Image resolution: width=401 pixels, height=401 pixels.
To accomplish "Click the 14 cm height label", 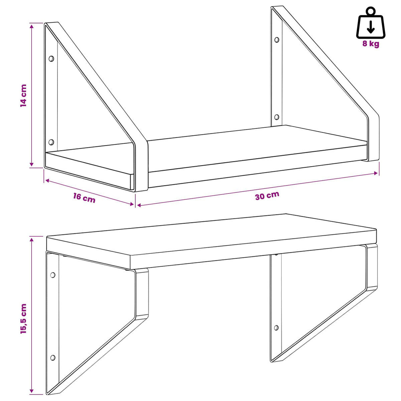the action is click(x=23, y=96).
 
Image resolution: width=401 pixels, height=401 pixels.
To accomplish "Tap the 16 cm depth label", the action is click(x=84, y=198).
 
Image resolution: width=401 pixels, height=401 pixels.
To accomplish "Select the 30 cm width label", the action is click(x=267, y=195).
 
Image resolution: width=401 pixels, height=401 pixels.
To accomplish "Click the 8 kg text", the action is click(x=371, y=44).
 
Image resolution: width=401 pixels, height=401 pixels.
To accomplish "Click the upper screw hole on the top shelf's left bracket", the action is click(x=51, y=59).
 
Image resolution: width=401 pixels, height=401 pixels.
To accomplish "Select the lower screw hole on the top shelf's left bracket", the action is click(x=51, y=142).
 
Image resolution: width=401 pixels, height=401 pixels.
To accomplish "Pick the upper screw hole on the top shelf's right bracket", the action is click(x=277, y=39).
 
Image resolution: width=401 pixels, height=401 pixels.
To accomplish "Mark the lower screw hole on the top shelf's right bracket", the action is click(x=277, y=117).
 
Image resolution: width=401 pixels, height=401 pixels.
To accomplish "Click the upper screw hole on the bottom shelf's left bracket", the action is click(x=53, y=275).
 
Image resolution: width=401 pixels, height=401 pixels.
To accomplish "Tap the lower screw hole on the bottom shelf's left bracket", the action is click(x=53, y=358).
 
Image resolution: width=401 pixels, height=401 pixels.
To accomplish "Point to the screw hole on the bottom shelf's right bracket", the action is click(x=276, y=328).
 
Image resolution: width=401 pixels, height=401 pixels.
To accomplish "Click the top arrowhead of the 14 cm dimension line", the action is click(x=32, y=26).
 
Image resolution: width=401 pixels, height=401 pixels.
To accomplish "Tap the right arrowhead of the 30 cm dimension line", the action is click(x=376, y=173).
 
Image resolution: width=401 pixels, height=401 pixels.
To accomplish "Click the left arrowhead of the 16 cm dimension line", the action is click(x=47, y=180).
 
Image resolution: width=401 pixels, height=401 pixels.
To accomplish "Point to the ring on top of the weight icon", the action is click(x=371, y=11).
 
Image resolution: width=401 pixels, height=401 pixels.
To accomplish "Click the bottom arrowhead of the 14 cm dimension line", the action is click(x=32, y=164).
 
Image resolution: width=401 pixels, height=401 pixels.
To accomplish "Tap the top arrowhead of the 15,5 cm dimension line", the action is click(x=32, y=240).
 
